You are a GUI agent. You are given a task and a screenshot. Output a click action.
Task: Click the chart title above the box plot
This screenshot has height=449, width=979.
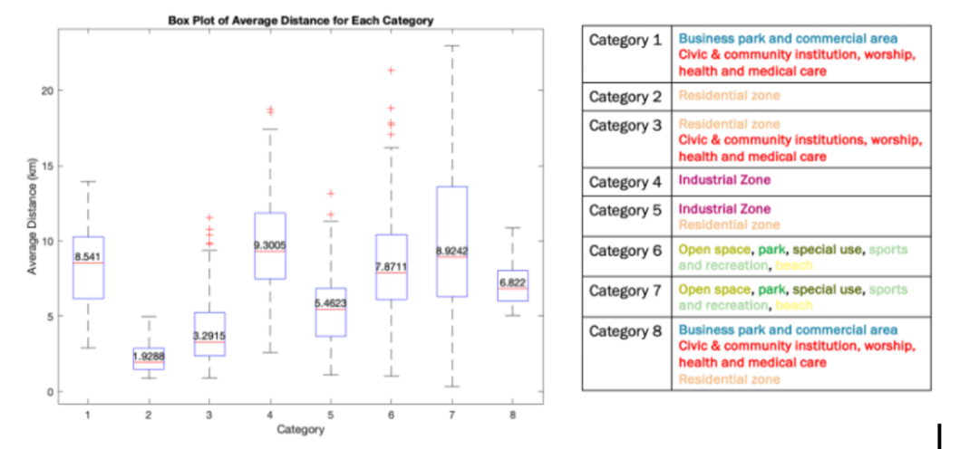click(300, 20)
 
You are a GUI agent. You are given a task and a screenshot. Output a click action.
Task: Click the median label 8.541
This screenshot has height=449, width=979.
click(89, 257)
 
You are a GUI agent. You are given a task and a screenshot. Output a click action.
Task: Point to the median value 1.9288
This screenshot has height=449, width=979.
click(149, 357)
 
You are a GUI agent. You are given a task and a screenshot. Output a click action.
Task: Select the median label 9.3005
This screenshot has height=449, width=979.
click(270, 245)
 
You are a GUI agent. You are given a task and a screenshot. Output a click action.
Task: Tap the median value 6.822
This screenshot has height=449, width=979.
click(512, 282)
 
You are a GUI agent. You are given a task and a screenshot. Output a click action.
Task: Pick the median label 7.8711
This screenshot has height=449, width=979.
click(391, 266)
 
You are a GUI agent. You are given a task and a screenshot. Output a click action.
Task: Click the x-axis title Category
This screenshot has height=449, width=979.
click(300, 429)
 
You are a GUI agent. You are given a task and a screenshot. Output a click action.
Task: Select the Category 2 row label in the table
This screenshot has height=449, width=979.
click(625, 96)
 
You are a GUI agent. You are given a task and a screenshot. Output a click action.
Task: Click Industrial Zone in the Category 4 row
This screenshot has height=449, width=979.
click(723, 180)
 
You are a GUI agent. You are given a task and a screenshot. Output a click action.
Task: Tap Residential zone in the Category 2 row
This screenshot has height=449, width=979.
click(728, 96)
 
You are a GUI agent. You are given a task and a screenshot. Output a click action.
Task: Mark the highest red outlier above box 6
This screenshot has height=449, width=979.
click(391, 70)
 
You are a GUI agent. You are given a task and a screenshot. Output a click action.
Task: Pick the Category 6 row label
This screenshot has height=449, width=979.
click(625, 249)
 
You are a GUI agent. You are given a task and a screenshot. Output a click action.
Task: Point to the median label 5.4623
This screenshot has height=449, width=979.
click(330, 303)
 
